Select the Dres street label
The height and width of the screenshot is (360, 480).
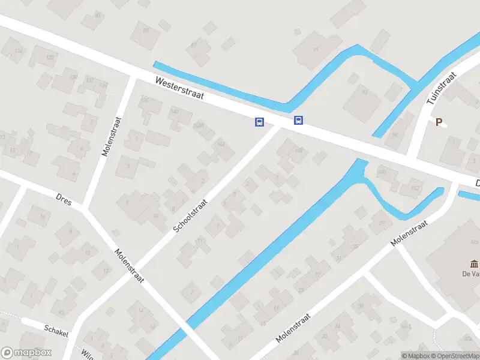(x=64, y=199)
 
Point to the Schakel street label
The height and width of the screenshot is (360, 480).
(x=56, y=329)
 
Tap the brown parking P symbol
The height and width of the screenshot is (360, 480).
(x=439, y=122)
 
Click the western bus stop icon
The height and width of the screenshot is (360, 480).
(x=259, y=122)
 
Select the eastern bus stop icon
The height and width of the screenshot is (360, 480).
(x=298, y=121)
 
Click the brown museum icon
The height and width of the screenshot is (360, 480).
(x=474, y=263)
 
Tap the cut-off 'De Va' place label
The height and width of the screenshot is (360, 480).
(x=470, y=275)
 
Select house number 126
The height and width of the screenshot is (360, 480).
(x=18, y=51)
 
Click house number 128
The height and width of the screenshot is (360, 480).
(x=50, y=58)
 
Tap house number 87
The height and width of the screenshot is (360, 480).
(x=194, y=44)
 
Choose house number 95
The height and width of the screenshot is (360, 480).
(x=364, y=92)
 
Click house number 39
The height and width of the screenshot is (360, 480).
(x=381, y=223)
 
